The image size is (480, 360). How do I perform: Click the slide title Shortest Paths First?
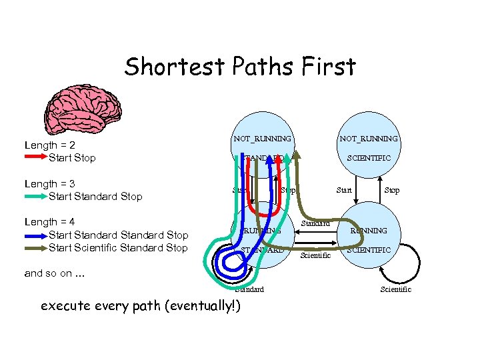point(240,67)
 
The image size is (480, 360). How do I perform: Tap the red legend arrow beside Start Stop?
point(35,157)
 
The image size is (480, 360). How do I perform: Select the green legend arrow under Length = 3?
point(35,196)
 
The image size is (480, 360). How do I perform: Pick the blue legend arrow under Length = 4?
point(35,235)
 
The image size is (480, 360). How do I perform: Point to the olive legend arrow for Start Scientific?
point(35,247)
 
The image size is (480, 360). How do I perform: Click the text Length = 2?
point(49,145)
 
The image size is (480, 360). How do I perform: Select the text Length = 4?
point(49,222)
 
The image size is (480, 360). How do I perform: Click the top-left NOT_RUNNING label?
point(262,139)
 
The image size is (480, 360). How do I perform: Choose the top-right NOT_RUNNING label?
point(369,139)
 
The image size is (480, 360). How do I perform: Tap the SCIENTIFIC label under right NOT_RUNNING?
point(369,158)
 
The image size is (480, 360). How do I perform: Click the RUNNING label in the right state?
point(369,231)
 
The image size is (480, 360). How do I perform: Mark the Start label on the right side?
point(344,191)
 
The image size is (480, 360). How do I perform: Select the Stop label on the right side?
point(392,191)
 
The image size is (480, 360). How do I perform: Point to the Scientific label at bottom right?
point(395,289)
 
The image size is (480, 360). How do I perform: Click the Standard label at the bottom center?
point(249,289)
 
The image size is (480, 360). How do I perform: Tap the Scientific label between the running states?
point(315,255)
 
